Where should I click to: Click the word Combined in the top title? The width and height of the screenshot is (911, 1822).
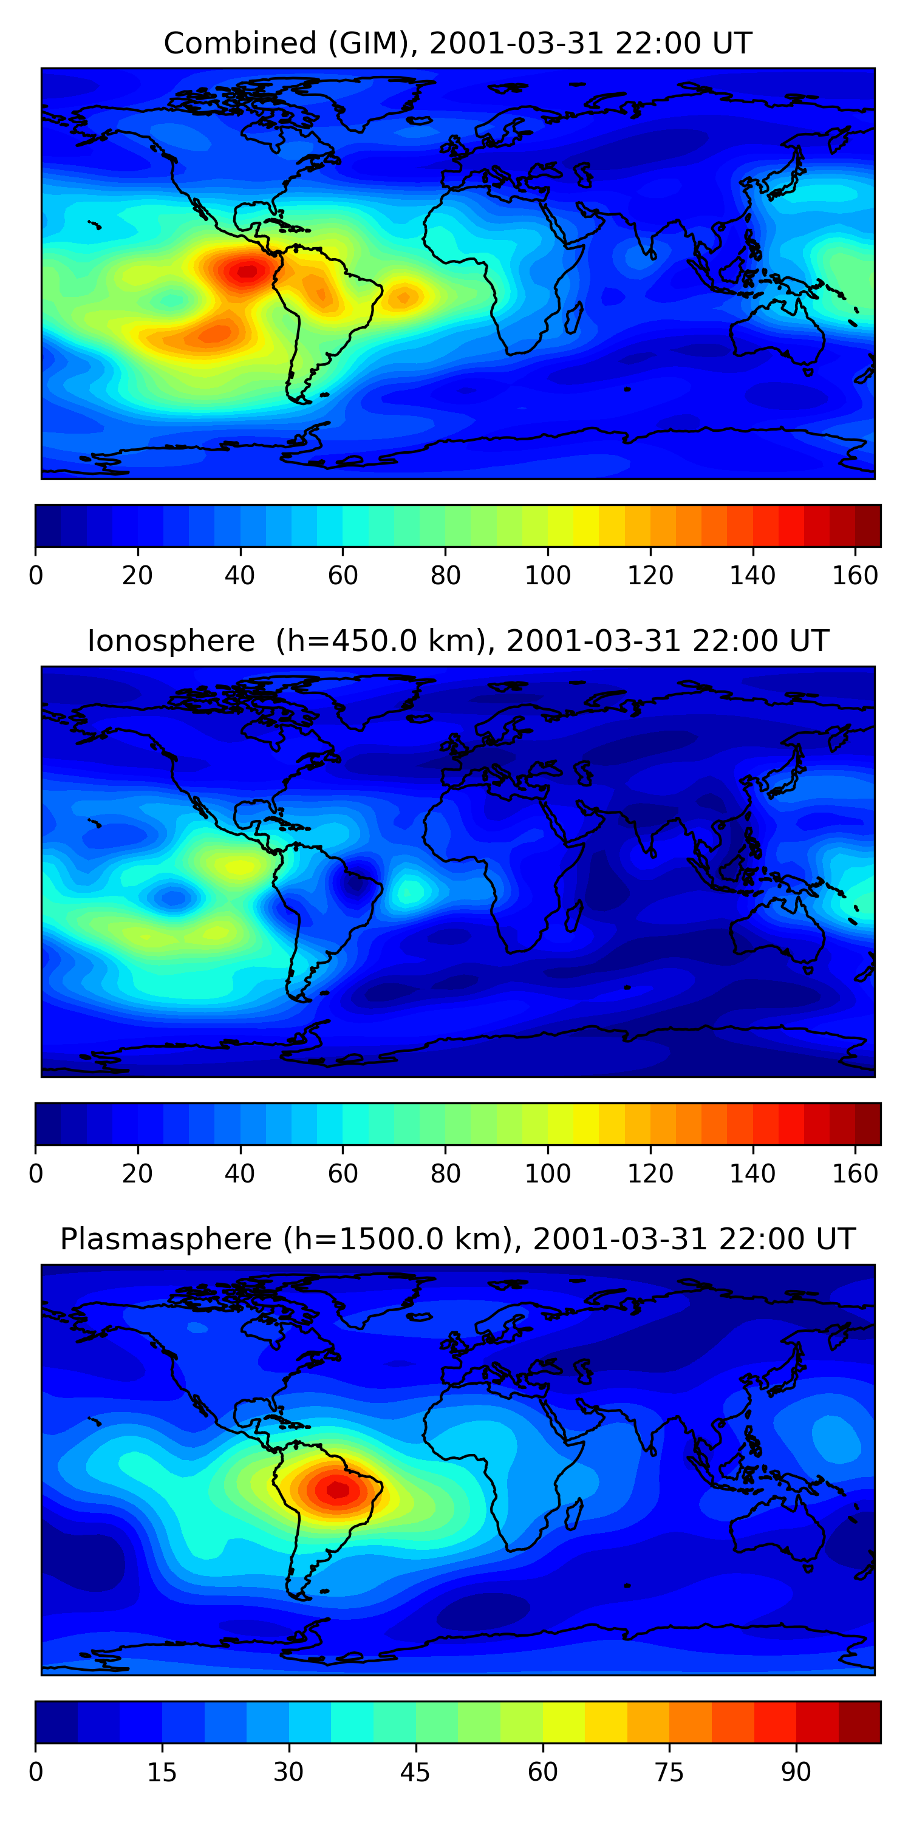point(240,43)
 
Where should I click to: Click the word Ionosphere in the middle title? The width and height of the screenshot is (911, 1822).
point(171,641)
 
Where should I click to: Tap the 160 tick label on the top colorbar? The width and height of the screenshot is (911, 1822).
point(855,576)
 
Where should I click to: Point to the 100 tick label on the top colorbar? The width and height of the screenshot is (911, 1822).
point(547,576)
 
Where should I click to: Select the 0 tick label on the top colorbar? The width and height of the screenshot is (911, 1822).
point(35,576)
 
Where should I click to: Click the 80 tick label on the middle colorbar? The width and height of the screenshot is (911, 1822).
point(445,1174)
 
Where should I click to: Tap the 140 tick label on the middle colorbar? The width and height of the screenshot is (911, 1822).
point(752,1174)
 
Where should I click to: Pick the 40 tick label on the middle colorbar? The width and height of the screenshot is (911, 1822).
point(240,1174)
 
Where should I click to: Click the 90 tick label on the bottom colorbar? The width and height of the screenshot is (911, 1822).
point(796,1772)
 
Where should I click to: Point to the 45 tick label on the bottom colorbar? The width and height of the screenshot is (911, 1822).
point(415,1772)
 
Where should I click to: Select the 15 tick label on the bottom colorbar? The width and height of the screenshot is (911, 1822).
point(162,1772)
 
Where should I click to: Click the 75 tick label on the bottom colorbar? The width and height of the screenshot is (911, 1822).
point(669,1772)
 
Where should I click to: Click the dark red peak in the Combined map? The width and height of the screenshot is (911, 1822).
point(246,271)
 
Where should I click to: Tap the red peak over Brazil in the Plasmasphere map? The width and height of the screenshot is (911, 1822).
point(338,1490)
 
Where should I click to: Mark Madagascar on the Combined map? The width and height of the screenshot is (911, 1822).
point(573,317)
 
